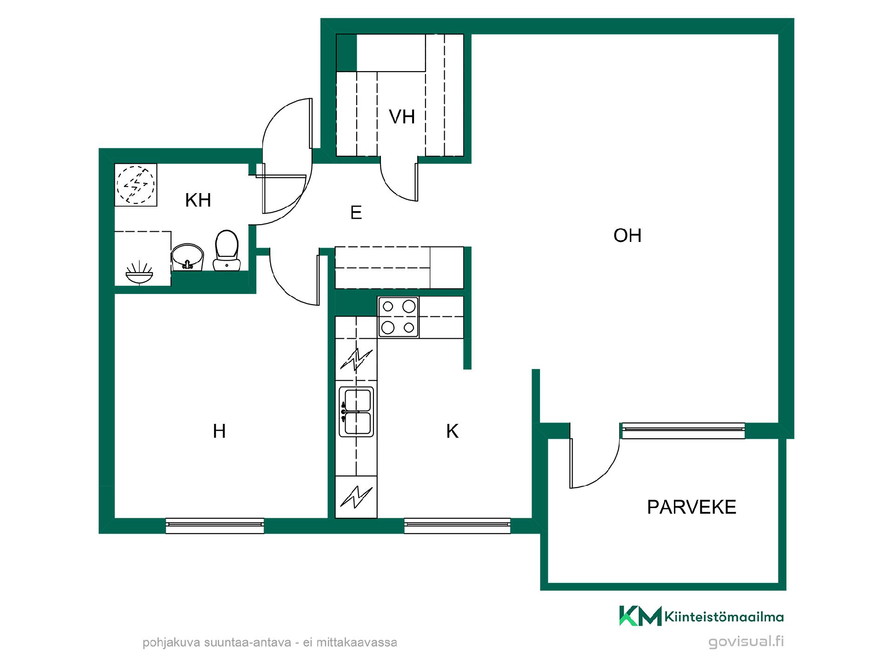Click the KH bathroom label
198,200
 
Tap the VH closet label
402,117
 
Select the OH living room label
627,235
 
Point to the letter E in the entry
356,213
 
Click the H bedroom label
219,431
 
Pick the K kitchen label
452,431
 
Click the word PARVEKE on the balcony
692,507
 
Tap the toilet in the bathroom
227,250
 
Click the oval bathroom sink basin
188,257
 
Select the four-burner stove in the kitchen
398,317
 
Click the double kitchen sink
356,412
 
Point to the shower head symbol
140,275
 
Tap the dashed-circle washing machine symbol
135,185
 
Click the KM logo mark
640,616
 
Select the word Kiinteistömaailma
724,617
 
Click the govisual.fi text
746,642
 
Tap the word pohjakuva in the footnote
170,643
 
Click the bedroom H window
215,526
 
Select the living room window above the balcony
683,430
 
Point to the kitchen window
457,526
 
